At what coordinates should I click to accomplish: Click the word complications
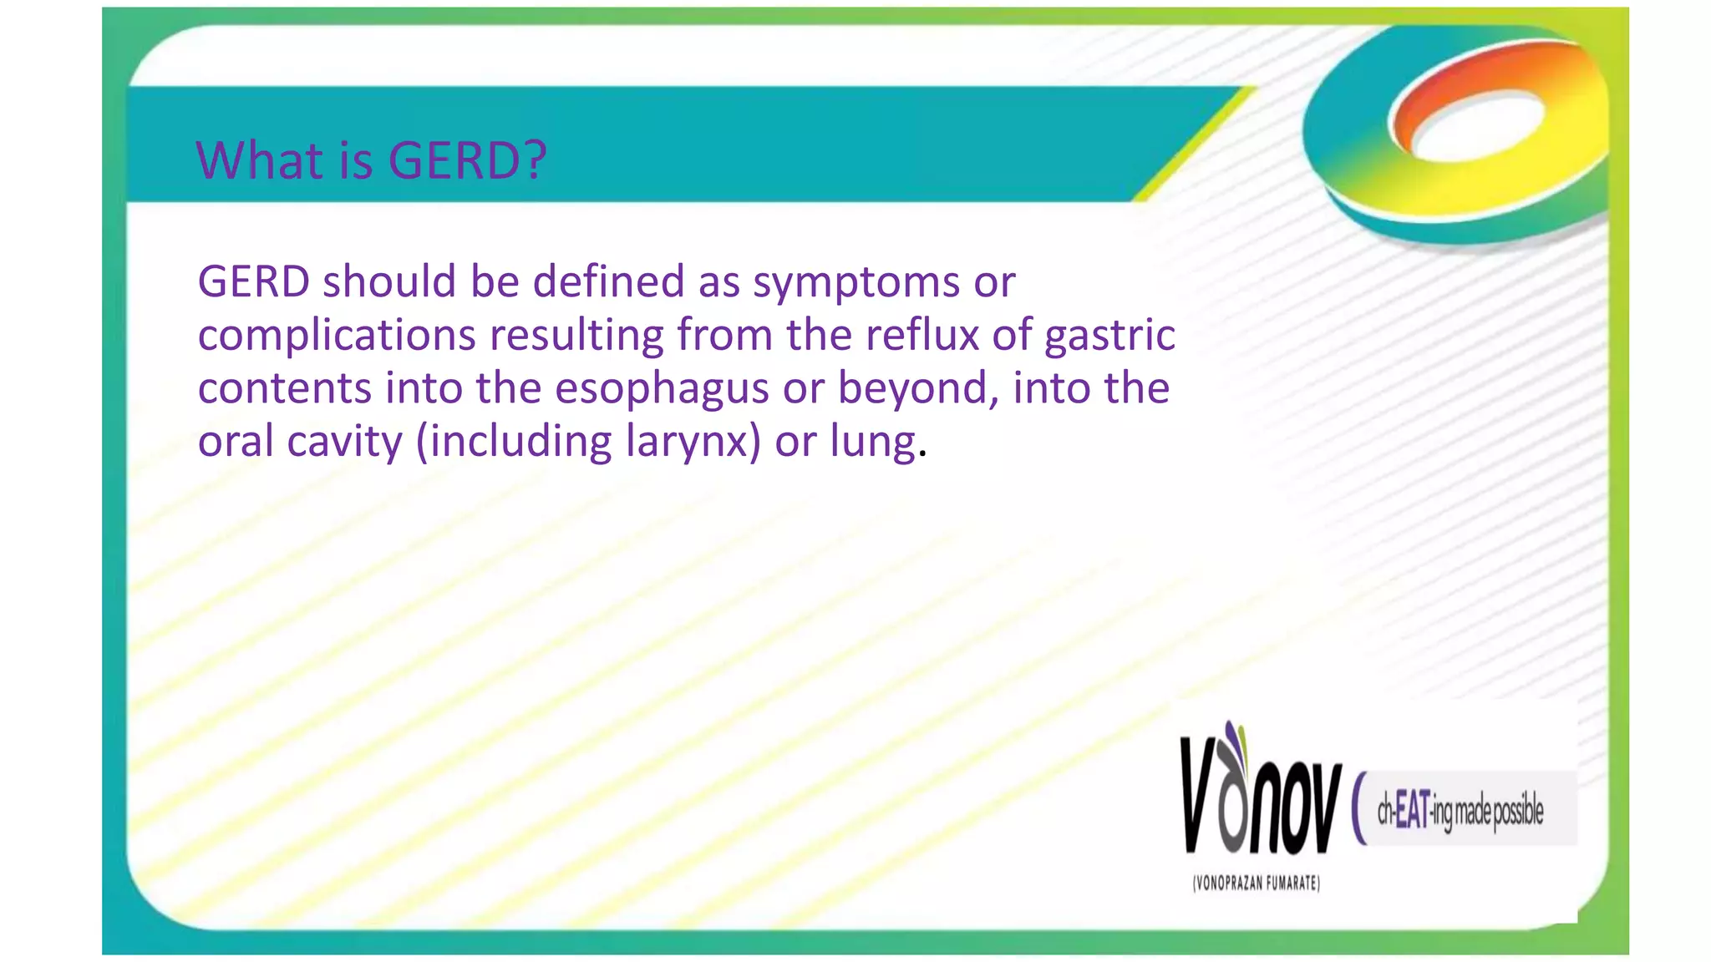(x=337, y=336)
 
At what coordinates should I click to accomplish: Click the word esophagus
(x=662, y=390)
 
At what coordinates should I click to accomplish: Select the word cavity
(x=344, y=443)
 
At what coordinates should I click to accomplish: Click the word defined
(x=609, y=281)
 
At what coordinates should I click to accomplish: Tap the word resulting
(x=576, y=337)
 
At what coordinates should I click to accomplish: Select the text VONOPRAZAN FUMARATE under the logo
(x=1257, y=884)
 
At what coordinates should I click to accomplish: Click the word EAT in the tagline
(x=1412, y=809)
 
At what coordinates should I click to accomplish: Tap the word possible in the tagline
(x=1517, y=811)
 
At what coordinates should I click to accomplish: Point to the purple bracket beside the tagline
(x=1359, y=808)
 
